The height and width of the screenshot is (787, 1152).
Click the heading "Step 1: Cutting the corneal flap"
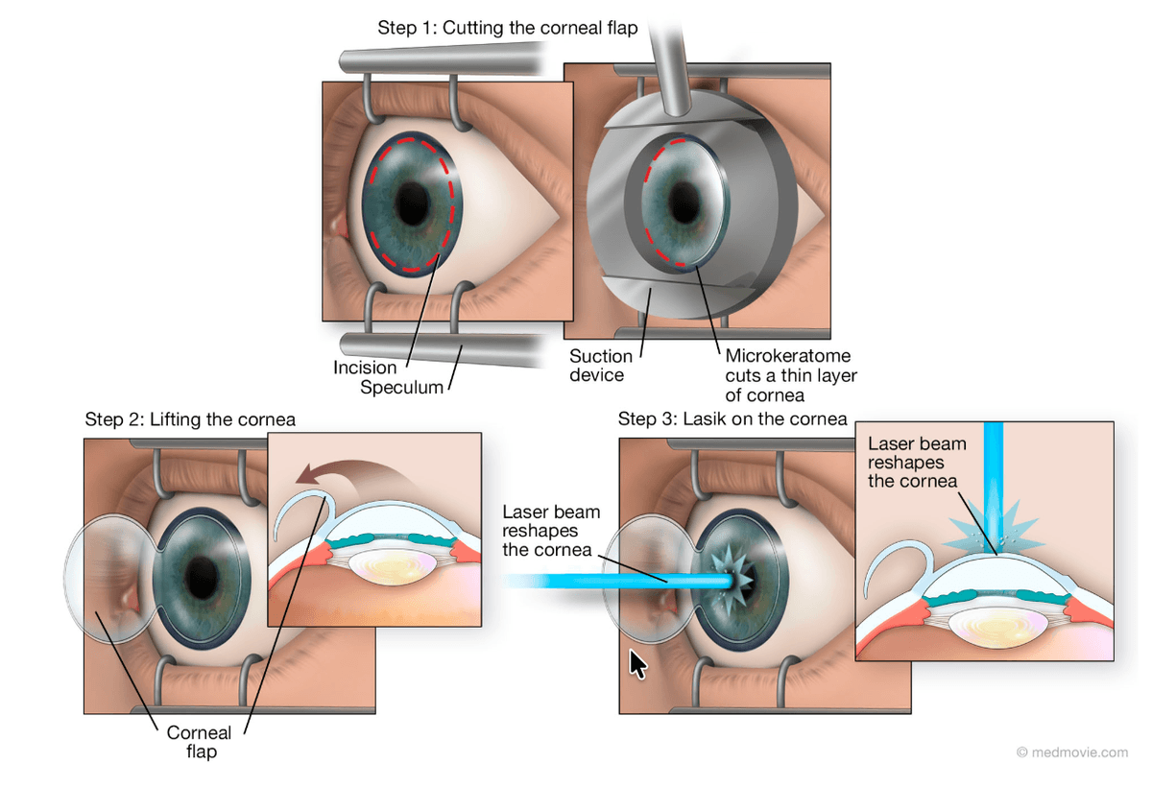pyautogui.click(x=507, y=28)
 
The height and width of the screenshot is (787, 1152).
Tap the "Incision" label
pyautogui.click(x=365, y=368)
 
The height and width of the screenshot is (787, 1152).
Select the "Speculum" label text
pyautogui.click(x=402, y=388)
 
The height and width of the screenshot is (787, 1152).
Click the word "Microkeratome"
pyautogui.click(x=787, y=357)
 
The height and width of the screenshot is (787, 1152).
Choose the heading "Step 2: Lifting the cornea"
pyautogui.click(x=190, y=419)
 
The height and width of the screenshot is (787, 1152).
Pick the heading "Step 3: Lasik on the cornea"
pyautogui.click(x=732, y=419)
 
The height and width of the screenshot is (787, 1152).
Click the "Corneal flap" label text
pyautogui.click(x=200, y=742)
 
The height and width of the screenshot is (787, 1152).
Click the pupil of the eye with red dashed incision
pyautogui.click(x=415, y=202)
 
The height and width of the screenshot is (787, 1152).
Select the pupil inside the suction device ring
pyautogui.click(x=684, y=203)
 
